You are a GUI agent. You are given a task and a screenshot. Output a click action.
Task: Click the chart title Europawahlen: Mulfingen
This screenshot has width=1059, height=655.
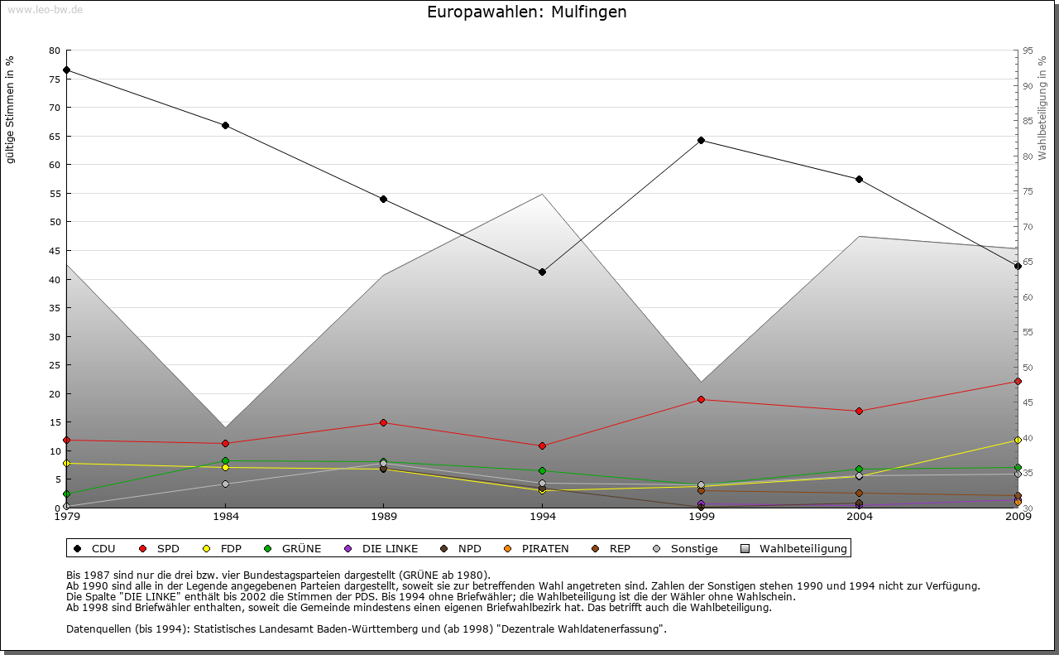pyautogui.click(x=526, y=12)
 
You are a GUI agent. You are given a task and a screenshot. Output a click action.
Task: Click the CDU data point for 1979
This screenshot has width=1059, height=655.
pyautogui.click(x=66, y=70)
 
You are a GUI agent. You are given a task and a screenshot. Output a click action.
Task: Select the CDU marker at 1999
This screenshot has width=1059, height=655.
pyautogui.click(x=701, y=140)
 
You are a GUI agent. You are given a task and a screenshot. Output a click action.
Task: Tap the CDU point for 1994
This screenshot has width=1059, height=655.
pyautogui.click(x=542, y=272)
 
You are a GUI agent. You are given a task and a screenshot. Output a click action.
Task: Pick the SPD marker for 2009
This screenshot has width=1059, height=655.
pyautogui.click(x=1018, y=381)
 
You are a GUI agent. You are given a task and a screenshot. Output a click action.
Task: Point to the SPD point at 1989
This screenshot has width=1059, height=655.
pyautogui.click(x=383, y=422)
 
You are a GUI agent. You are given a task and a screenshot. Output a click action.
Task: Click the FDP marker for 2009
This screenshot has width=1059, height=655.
pyautogui.click(x=1018, y=440)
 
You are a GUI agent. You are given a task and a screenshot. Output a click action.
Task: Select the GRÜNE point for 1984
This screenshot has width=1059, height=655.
pyautogui.click(x=225, y=460)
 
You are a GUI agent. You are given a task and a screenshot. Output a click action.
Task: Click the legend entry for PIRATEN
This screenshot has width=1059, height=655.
pyautogui.click(x=544, y=548)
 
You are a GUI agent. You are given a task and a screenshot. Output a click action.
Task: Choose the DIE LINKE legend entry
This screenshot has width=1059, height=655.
pyautogui.click(x=389, y=548)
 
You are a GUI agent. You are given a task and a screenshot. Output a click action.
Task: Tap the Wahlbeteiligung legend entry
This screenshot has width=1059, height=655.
pyautogui.click(x=803, y=548)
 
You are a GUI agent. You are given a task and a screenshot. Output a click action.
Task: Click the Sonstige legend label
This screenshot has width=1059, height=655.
pyautogui.click(x=693, y=548)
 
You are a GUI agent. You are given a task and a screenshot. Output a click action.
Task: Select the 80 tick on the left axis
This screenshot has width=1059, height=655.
pyautogui.click(x=55, y=51)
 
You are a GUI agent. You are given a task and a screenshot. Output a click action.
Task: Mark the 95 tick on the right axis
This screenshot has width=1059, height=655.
pyautogui.click(x=1028, y=51)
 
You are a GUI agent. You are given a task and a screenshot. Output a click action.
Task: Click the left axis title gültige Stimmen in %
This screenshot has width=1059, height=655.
pyautogui.click(x=11, y=109)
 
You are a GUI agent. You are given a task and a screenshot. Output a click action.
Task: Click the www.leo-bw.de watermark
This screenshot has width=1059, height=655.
pyautogui.click(x=45, y=10)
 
